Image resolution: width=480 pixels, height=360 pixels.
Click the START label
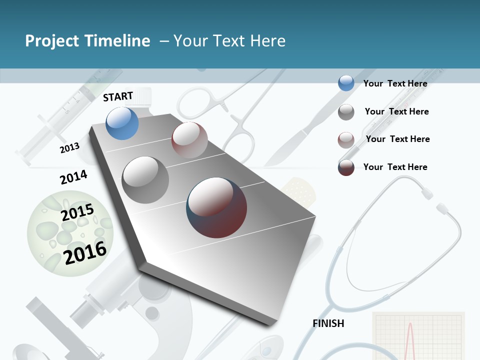pyautogui.click(x=118, y=96)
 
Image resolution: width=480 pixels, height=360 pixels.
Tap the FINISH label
pyautogui.click(x=328, y=323)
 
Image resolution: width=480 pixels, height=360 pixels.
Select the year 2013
pyautogui.click(x=69, y=148)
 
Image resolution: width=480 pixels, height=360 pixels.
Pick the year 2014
pyautogui.click(x=73, y=177)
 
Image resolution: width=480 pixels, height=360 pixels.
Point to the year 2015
pyautogui.click(x=77, y=212)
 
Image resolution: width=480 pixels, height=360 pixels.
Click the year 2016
pyautogui.click(x=85, y=252)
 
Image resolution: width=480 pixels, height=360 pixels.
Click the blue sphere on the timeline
pyautogui.click(x=122, y=123)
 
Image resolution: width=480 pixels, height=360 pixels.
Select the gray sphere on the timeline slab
pyautogui.click(x=145, y=180)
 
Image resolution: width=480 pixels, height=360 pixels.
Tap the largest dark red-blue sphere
pyautogui.click(x=216, y=207)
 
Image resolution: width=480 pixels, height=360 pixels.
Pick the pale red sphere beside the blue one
pyautogui.click(x=189, y=140)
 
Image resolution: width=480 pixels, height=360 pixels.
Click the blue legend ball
pyautogui.click(x=346, y=83)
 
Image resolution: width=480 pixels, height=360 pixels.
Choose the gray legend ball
pyautogui.click(x=346, y=112)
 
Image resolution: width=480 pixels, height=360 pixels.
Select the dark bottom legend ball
pyautogui.click(x=346, y=167)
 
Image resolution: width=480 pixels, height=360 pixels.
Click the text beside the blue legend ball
pyautogui.click(x=395, y=83)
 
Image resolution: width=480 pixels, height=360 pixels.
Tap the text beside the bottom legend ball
pyautogui.click(x=395, y=167)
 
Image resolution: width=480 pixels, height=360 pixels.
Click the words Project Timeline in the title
pyautogui.click(x=87, y=41)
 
